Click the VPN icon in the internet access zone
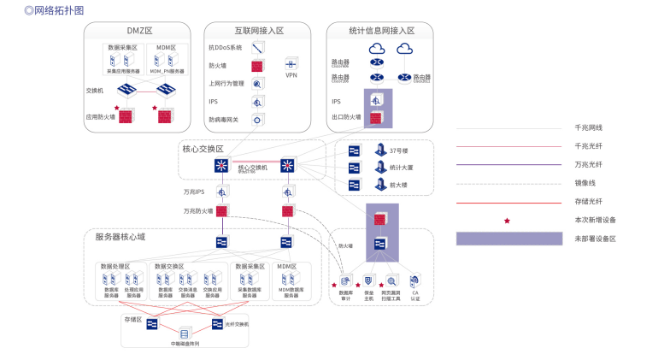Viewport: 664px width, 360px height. (x=291, y=65)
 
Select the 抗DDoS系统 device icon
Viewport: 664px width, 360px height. (x=257, y=47)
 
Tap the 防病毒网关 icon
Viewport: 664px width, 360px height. (x=257, y=120)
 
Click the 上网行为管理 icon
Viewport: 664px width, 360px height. (x=257, y=83)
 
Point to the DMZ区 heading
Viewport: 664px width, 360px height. (x=138, y=31)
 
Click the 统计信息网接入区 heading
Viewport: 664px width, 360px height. (x=381, y=31)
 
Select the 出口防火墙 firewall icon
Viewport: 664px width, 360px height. (x=376, y=117)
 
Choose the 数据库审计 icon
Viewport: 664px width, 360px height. (x=346, y=280)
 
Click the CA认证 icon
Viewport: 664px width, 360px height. (x=415, y=280)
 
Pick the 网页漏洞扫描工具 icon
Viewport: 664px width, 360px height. (x=391, y=280)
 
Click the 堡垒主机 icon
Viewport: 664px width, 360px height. (x=369, y=280)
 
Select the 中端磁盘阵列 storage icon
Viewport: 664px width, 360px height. (x=184, y=333)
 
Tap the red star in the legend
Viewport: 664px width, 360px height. (x=507, y=221)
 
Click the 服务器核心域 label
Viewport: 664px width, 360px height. (x=120, y=237)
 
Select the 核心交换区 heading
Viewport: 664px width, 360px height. (x=203, y=149)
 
